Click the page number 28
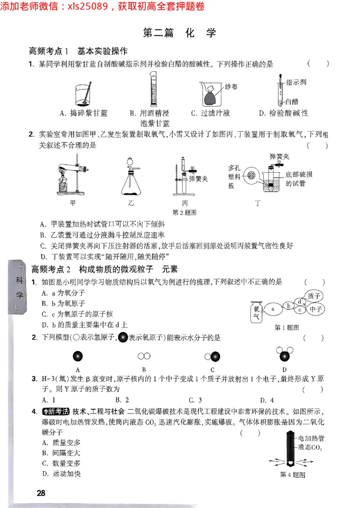click(41, 493)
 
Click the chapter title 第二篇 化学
click(179, 33)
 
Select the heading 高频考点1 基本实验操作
click(78, 51)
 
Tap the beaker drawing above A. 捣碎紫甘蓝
click(84, 93)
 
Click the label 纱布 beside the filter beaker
click(231, 87)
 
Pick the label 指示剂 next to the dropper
click(296, 82)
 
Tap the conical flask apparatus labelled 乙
click(131, 177)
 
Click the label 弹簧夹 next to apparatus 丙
click(198, 179)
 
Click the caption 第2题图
click(184, 213)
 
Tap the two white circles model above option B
click(144, 356)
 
